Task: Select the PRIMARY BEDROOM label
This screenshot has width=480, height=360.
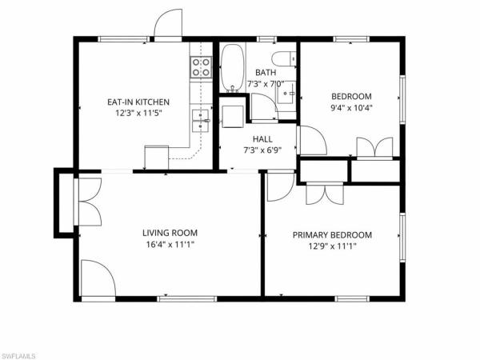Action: tap(332, 234)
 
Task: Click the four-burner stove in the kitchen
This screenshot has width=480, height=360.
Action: tap(201, 68)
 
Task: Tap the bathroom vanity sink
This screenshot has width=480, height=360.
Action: tap(288, 95)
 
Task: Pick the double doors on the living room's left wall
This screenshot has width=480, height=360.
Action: tap(86, 203)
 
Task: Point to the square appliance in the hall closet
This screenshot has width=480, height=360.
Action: tap(234, 115)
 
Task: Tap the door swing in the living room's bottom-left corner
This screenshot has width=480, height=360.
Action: tap(96, 280)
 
